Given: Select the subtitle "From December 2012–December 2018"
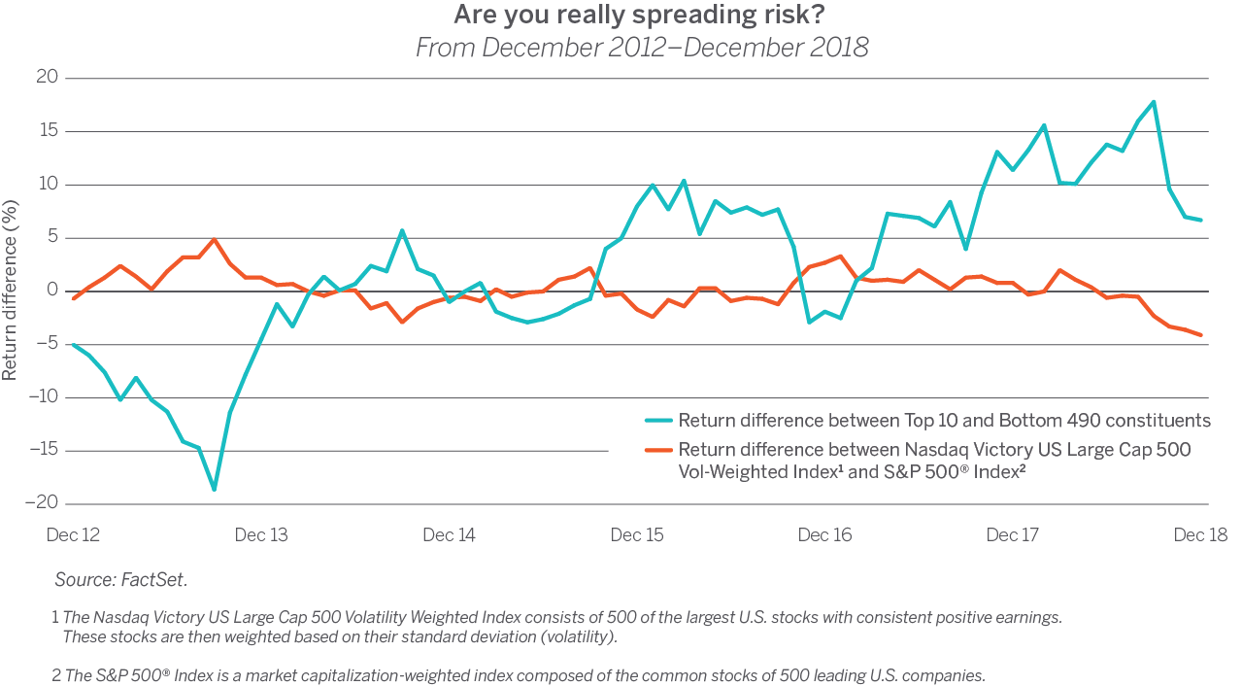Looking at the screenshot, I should coord(641,48).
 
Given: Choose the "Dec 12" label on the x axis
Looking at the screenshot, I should coord(74,535).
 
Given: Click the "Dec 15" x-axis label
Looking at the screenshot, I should coord(637,535).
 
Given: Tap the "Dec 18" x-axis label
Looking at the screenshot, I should coord(1200,535).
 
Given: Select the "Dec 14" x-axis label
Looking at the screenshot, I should coord(450,535).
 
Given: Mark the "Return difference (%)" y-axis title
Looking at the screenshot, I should coord(11,291).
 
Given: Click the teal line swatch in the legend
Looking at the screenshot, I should coord(658,421).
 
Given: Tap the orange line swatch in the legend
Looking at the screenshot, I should coord(658,450).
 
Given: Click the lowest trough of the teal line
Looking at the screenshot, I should coord(215,490).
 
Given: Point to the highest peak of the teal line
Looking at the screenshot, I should coord(1153,101).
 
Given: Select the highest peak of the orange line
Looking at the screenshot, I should coord(214,239).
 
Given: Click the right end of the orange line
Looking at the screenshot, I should coord(1201,335).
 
